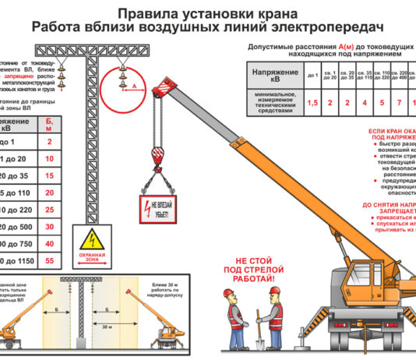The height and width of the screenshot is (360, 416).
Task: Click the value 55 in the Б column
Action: click(x=50, y=261)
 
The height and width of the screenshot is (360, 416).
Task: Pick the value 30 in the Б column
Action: click(x=50, y=225)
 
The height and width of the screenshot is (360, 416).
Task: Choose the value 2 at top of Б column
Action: click(x=50, y=142)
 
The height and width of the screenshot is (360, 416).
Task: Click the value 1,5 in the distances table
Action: click(x=312, y=103)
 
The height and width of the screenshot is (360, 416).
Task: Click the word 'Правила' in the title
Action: click(x=145, y=13)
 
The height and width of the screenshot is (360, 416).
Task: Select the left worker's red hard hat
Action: click(x=228, y=292)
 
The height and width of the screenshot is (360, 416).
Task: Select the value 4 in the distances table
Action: click(x=364, y=103)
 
